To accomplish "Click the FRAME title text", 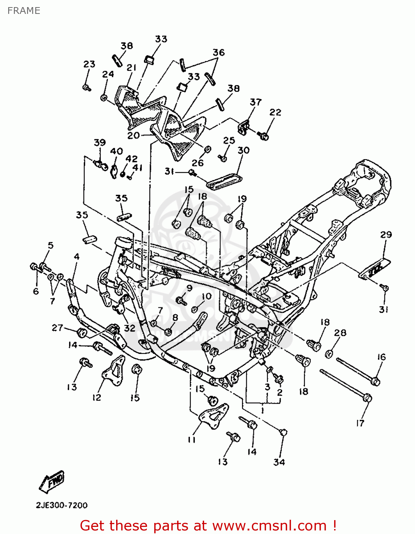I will pos(24,11).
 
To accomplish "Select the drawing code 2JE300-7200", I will pos(62,505).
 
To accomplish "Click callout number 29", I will pos(386,235).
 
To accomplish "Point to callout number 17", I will pos(360,423).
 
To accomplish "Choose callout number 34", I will pos(279,462).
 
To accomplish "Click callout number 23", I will pos(89,64).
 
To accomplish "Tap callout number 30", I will pos(244,150).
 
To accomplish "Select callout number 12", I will pos(97,397).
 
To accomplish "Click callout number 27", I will pos(57,328).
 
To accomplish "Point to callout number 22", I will pos(275,112).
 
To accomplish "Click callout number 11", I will pos(192,440).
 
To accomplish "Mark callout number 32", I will pos(129,328).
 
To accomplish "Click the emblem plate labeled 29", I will pos(374,268).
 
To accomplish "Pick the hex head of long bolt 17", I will pos(367,397).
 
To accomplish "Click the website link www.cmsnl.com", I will pos(252,525).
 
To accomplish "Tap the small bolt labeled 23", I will pos(87,87).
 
